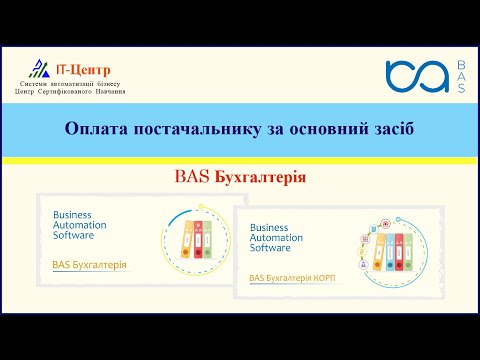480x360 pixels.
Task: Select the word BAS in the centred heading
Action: pyautogui.click(x=192, y=177)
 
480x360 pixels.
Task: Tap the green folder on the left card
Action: pyautogui.click(x=207, y=242)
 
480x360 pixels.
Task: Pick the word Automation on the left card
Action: pyautogui.click(x=79, y=225)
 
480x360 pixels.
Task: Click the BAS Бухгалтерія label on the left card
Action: pyautogui.click(x=89, y=265)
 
